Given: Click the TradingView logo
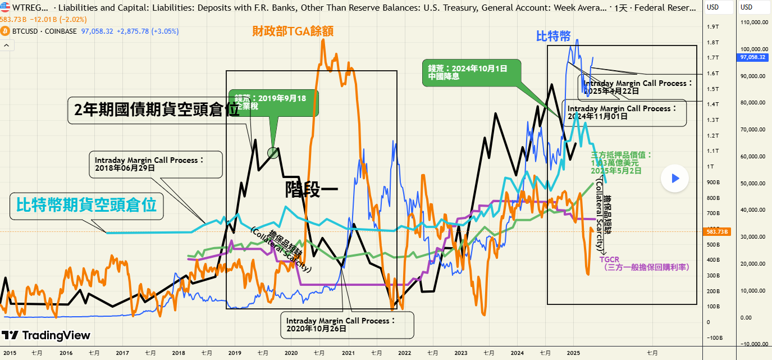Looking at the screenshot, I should [x=46, y=335].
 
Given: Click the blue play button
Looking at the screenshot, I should [x=675, y=179].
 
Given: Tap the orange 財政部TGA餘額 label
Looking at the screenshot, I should [x=293, y=31].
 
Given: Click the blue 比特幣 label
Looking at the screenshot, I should [x=553, y=37].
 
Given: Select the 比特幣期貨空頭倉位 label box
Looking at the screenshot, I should [x=86, y=206].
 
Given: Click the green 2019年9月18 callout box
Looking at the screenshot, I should [x=274, y=102].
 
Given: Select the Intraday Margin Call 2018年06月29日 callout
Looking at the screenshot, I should [x=155, y=163].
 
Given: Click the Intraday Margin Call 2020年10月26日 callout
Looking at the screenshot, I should [x=347, y=325].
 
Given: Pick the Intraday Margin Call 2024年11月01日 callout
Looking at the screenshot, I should [x=623, y=112].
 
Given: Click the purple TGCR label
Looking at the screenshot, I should [x=609, y=259].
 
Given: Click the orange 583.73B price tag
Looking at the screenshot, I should [x=718, y=231].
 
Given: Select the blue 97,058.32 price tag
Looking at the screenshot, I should [x=752, y=57].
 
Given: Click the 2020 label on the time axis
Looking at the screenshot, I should [x=291, y=353].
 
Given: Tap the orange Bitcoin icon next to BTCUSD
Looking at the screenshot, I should [x=4, y=31].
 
